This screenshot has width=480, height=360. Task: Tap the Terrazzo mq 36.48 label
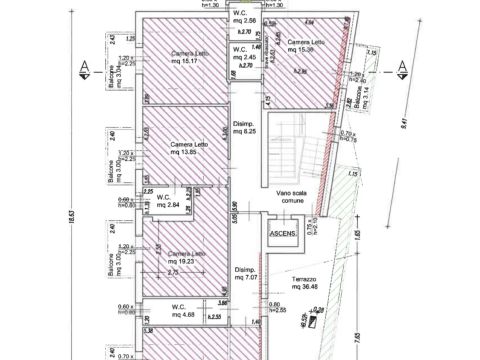tap(308, 284)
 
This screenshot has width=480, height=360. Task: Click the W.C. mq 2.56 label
tap(243, 18)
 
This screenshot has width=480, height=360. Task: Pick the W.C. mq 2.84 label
tap(168, 201)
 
